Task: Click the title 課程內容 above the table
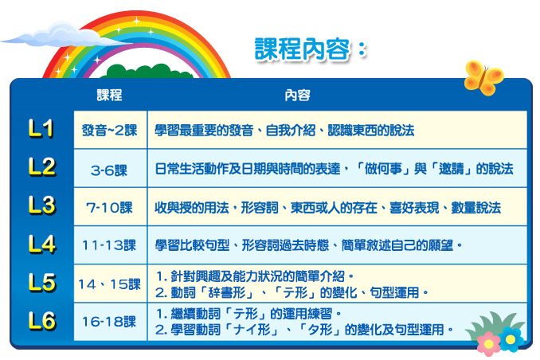pyautogui.click(x=302, y=49)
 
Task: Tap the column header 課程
pyautogui.click(x=109, y=95)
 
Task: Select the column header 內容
pyautogui.click(x=297, y=95)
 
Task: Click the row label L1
pyautogui.click(x=41, y=128)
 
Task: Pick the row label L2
pyautogui.click(x=41, y=166)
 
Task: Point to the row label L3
pyautogui.click(x=41, y=205)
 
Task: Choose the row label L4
pyautogui.click(x=41, y=244)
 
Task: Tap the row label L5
pyautogui.click(x=41, y=283)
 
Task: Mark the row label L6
pyautogui.click(x=41, y=321)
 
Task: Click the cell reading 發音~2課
pyautogui.click(x=110, y=130)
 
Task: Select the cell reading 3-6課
pyautogui.click(x=109, y=170)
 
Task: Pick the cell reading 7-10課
pyautogui.click(x=109, y=207)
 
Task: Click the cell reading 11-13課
pyautogui.click(x=109, y=245)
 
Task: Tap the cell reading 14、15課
pyautogui.click(x=110, y=284)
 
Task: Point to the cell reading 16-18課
pyautogui.click(x=109, y=322)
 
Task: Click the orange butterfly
pyautogui.click(x=483, y=78)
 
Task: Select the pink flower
pyautogui.click(x=489, y=343)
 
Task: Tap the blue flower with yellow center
pyautogui.click(x=511, y=339)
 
